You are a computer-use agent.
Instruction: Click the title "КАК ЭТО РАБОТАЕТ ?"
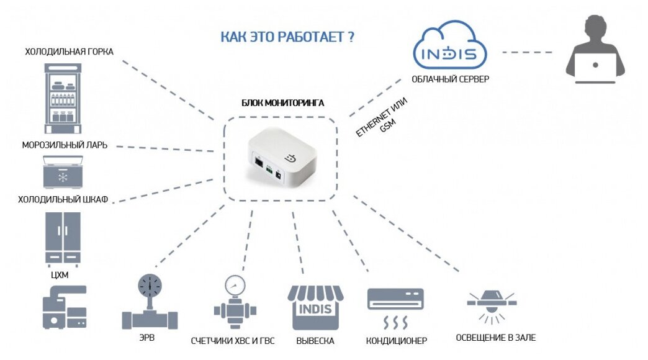[x=287, y=37]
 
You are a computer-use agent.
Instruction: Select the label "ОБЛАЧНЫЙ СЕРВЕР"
[x=450, y=79]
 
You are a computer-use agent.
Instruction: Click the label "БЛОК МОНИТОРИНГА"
[x=282, y=103]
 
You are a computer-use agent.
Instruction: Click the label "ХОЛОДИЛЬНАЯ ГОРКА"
[x=69, y=52]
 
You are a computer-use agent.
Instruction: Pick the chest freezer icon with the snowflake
[x=63, y=171]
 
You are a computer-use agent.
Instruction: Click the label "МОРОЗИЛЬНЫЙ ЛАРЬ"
[x=65, y=145]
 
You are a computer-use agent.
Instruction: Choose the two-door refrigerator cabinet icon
[x=63, y=238]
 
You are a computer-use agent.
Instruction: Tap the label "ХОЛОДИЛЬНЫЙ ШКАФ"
[x=63, y=199]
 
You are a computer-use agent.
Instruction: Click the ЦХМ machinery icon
[x=64, y=307]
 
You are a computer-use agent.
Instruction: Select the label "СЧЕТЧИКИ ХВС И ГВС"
[x=232, y=341]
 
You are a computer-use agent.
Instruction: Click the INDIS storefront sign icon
[x=315, y=308]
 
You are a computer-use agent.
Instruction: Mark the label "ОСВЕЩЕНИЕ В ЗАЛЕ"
[x=495, y=338]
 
